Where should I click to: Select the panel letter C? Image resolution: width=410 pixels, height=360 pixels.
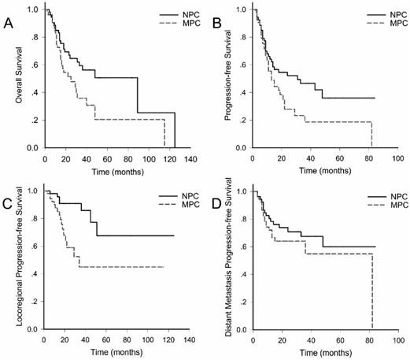click(x=9, y=207)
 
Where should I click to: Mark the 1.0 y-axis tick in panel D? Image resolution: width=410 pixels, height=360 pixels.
click(x=240, y=191)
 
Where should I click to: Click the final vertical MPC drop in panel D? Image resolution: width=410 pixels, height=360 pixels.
click(x=371, y=291)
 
